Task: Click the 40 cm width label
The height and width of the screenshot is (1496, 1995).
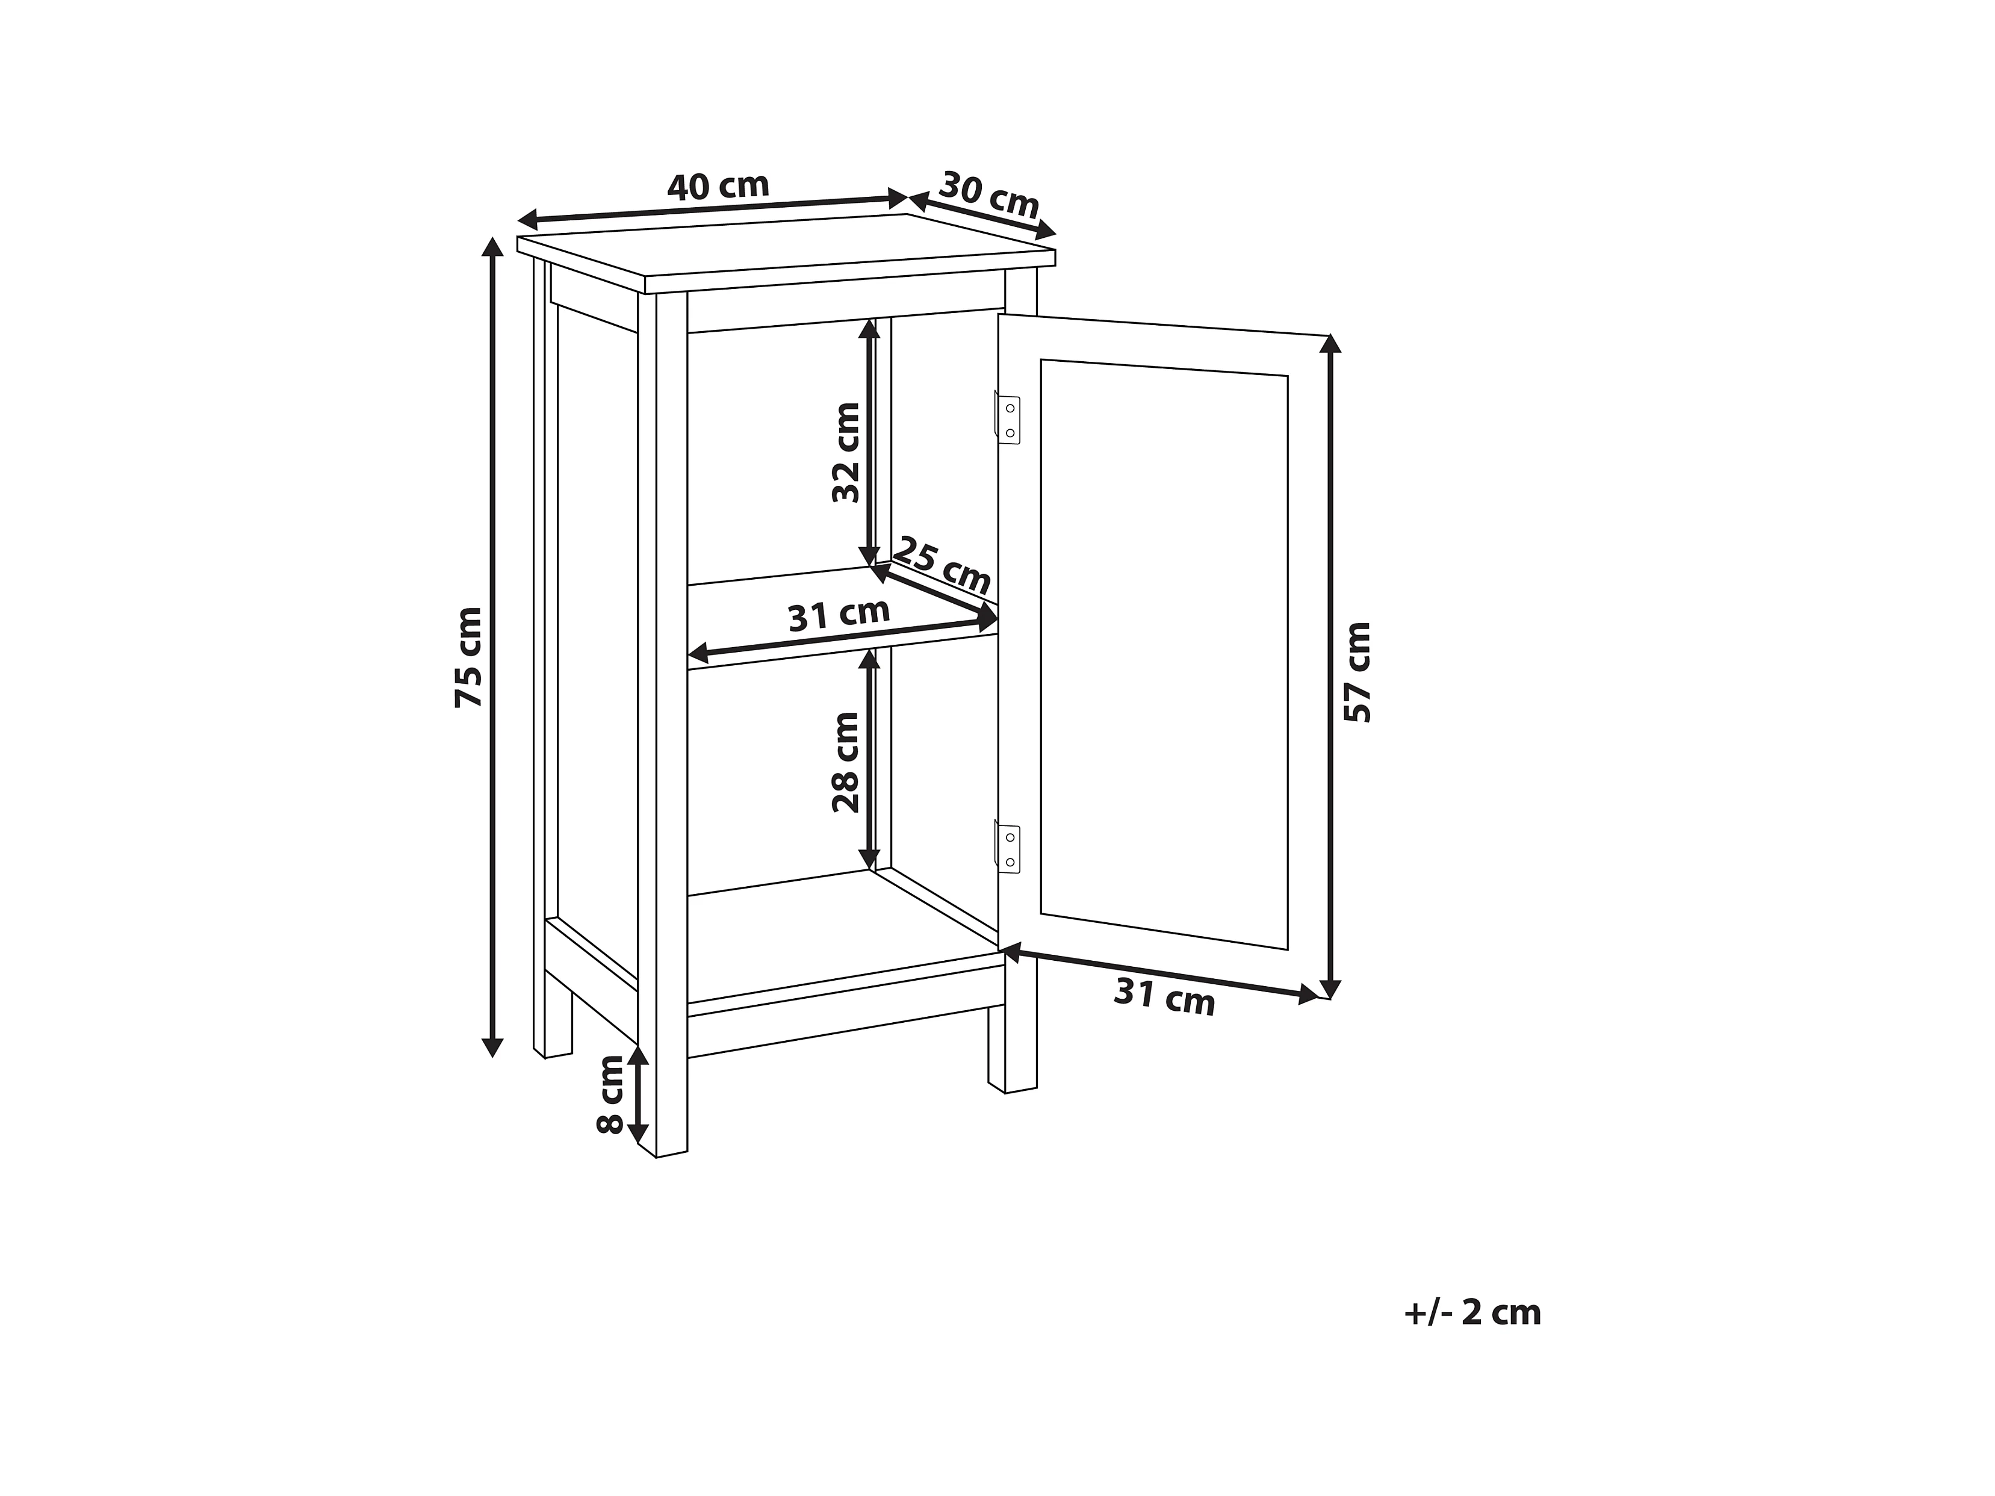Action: [718, 187]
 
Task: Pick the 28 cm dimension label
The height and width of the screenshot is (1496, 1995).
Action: [846, 762]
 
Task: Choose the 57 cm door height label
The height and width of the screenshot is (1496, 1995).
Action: [1357, 672]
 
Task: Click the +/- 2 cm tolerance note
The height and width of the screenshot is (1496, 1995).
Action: [1472, 1312]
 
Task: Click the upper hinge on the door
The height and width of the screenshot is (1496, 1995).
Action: [1007, 420]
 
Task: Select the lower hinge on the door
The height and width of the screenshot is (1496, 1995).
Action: [1007, 849]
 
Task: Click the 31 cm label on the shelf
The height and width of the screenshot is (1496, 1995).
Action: [839, 615]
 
